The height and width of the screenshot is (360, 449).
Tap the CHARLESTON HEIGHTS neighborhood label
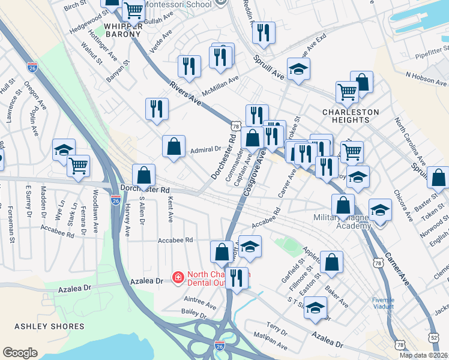[351, 116]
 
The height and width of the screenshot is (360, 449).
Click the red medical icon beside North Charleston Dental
[178, 277]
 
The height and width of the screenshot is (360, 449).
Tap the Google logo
[20, 353]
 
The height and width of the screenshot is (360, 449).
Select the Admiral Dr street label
[205, 149]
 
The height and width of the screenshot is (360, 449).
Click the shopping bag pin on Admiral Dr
[173, 146]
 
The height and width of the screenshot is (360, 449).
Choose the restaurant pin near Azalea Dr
[237, 278]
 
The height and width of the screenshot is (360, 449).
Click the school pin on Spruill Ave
[298, 69]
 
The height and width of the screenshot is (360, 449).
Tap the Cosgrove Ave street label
[256, 172]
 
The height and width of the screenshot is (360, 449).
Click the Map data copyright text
[423, 355]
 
